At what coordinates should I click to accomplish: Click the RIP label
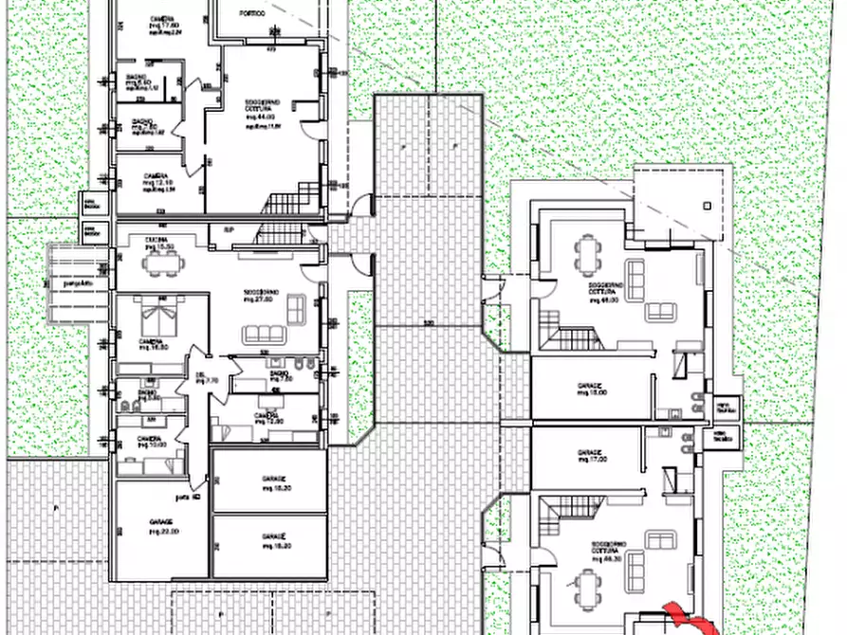coord(229,230)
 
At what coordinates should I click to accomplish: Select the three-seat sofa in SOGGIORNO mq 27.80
coord(263,334)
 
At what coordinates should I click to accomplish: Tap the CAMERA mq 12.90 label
coord(267,418)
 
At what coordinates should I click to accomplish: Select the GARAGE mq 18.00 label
coord(591,390)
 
